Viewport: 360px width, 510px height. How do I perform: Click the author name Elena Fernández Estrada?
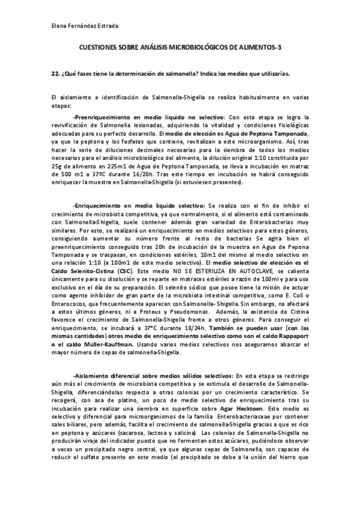[84, 26]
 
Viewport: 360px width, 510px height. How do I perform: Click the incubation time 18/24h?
[198, 327]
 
